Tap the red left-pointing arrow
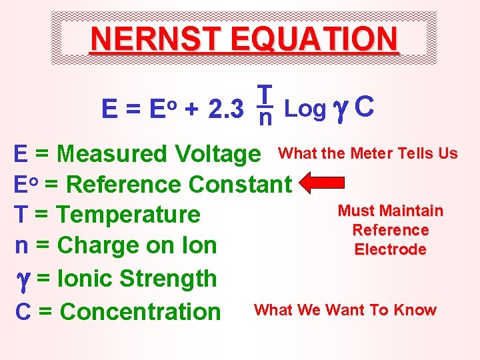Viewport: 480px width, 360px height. coord(323,182)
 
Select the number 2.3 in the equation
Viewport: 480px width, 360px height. coord(225,108)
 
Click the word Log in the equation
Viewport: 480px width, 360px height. coord(305,107)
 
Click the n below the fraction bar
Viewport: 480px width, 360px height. coord(265,119)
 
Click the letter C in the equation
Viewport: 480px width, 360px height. coord(364,106)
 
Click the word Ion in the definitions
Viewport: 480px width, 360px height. coord(201,245)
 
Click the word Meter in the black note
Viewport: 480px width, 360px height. coord(371,153)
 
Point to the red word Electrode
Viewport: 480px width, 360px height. coord(390,249)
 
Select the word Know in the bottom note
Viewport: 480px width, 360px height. coord(415,310)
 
